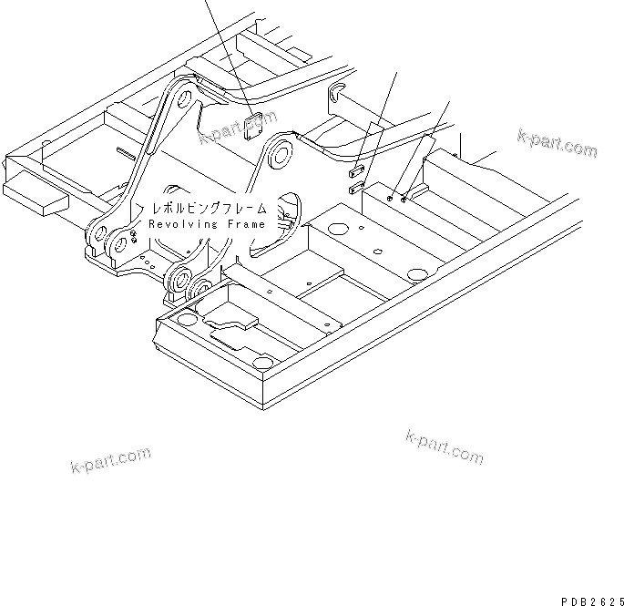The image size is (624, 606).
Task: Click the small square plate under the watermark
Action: click(255, 125)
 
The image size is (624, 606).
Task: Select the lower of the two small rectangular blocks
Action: click(356, 189)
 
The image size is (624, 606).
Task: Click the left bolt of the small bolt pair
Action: click(390, 197)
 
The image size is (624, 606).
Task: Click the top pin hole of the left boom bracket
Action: click(186, 98)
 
